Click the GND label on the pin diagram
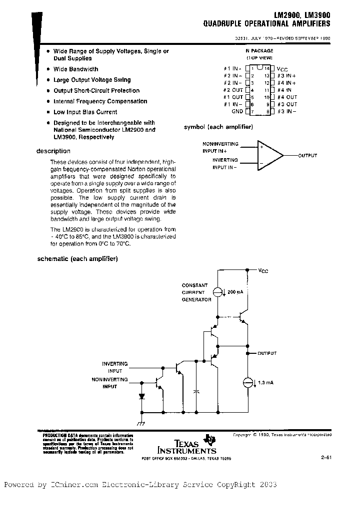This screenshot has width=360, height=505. pyautogui.click(x=236, y=112)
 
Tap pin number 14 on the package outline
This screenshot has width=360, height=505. pyautogui.click(x=267, y=68)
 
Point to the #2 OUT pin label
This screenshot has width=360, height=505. pyautogui.click(x=233, y=90)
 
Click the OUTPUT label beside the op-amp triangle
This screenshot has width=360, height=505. pyautogui.click(x=307, y=156)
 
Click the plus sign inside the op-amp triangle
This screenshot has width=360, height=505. pyautogui.click(x=261, y=147)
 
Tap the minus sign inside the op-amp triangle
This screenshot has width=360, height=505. pyautogui.click(x=261, y=163)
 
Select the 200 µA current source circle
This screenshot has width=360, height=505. pyautogui.click(x=218, y=292)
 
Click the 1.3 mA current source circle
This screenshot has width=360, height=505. pyautogui.click(x=247, y=383)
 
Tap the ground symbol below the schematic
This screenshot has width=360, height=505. pyautogui.click(x=141, y=422)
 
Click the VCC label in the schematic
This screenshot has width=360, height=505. pyautogui.click(x=263, y=270)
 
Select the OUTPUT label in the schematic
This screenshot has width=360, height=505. pyautogui.click(x=266, y=353)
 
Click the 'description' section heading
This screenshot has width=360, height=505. pyautogui.click(x=53, y=151)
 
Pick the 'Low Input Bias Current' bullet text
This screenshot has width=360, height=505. pyautogui.click(x=85, y=112)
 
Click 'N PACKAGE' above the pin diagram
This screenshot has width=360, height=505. pyautogui.click(x=259, y=51)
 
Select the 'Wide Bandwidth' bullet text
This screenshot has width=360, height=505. pyautogui.click(x=76, y=69)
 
